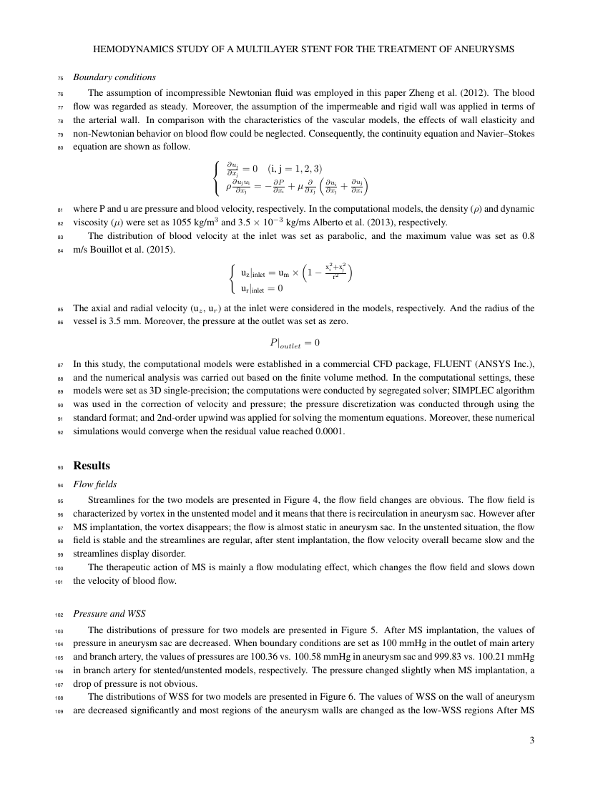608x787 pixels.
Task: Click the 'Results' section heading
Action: coord(92,466)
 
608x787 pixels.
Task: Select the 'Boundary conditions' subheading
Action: coord(114,77)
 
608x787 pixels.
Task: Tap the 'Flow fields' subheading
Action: coord(95,484)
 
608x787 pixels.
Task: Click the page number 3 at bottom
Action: coord(531,740)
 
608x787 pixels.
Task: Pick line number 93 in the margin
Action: coord(60,467)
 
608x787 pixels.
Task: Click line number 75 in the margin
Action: coord(60,78)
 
